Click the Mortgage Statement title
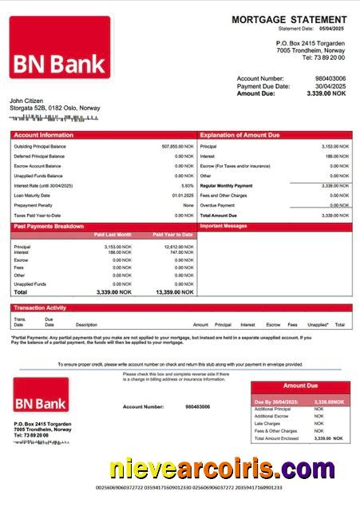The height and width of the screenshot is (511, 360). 289,19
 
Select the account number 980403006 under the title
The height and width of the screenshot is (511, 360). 330,78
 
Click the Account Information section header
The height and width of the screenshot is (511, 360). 43,135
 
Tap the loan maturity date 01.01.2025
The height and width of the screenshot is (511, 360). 183,196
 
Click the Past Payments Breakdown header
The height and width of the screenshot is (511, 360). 49,227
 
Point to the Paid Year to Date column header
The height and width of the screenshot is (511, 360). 171,235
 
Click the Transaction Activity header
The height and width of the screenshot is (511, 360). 39,307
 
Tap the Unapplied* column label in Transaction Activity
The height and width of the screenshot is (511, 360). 317,325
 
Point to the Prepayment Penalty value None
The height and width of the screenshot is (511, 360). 188,205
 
